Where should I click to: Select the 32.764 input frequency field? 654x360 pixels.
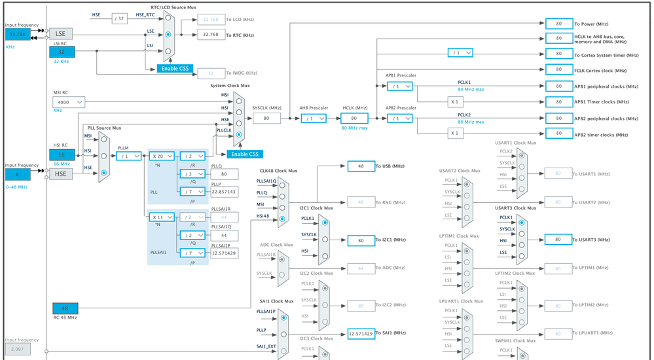coord(18,34)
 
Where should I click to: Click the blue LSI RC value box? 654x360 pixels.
coord(62,52)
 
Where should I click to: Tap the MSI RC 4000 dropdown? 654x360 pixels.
coord(69,102)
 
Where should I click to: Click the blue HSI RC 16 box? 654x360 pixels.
coord(62,155)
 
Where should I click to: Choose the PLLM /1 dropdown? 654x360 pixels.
coord(129,156)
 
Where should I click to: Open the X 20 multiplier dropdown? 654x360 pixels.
coord(162,156)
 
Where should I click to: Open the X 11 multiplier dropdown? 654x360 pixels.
coord(162,217)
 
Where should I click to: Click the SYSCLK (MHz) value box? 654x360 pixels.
coord(266,118)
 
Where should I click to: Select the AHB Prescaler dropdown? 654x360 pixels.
coord(313,118)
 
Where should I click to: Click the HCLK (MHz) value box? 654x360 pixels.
coord(354,118)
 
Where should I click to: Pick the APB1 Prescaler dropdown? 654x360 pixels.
coord(399,86)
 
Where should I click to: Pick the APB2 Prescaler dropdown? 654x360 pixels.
coord(399,118)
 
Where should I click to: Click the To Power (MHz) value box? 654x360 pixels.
coord(558,23)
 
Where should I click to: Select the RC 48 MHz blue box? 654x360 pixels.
coord(65,308)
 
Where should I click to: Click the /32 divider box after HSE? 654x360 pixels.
coord(119,18)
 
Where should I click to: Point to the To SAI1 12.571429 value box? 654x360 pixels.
coord(361,333)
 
